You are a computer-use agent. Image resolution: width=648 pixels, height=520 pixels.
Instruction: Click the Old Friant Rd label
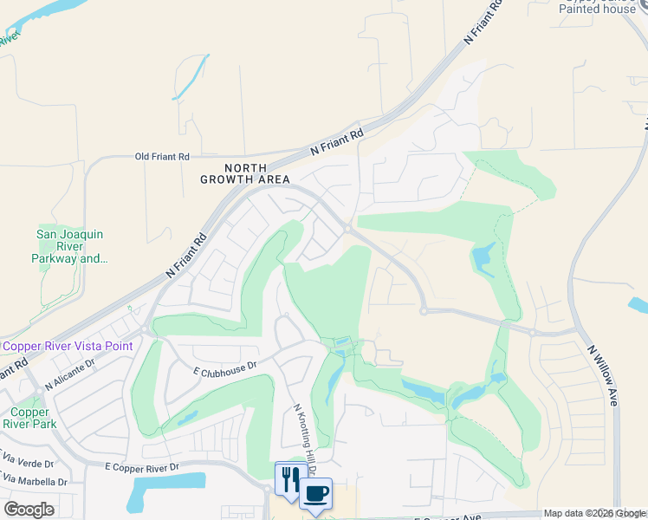pyautogui.click(x=162, y=157)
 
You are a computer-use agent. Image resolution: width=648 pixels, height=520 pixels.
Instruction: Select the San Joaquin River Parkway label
pyautogui.click(x=69, y=246)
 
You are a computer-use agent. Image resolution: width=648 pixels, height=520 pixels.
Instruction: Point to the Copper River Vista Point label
pyautogui.click(x=68, y=346)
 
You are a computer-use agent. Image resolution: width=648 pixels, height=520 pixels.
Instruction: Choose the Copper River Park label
pyautogui.click(x=29, y=418)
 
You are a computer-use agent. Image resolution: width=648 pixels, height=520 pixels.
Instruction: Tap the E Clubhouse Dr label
pyautogui.click(x=224, y=367)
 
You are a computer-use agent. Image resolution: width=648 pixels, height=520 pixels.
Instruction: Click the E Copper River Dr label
pyautogui.click(x=141, y=467)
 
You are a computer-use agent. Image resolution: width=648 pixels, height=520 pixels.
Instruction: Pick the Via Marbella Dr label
pyautogui.click(x=35, y=481)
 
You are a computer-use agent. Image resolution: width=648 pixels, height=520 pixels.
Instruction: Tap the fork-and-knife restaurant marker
pyautogui.click(x=289, y=478)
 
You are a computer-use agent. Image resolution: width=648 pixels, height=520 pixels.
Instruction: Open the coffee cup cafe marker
pyautogui.click(x=315, y=493)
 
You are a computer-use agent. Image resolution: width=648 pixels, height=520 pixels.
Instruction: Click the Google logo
pyautogui.click(x=29, y=510)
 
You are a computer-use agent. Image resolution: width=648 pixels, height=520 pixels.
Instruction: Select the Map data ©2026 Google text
pyautogui.click(x=595, y=514)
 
